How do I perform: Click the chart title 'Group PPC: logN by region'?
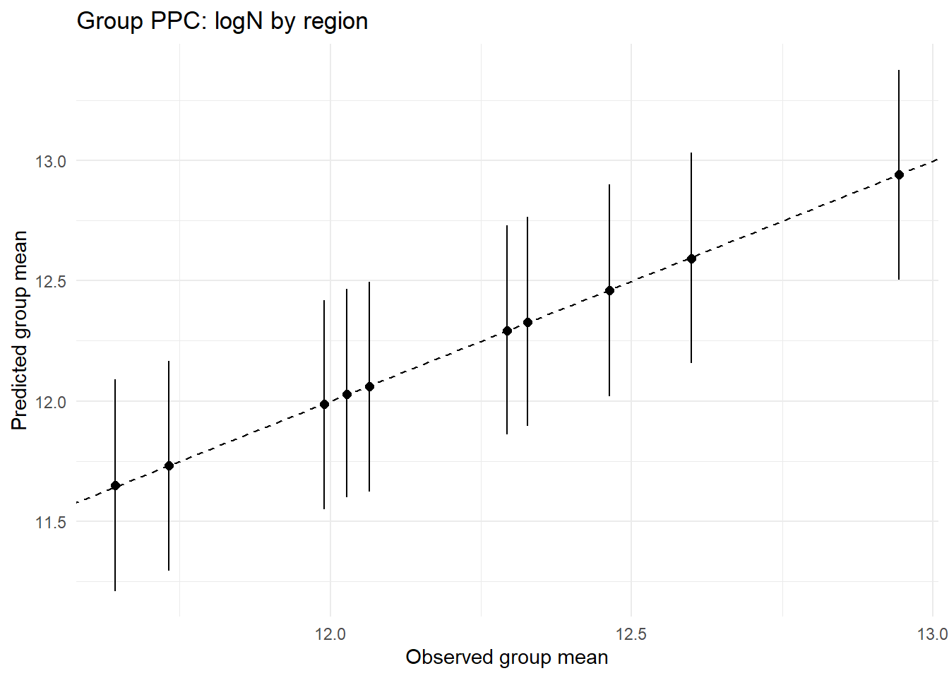tap(222, 21)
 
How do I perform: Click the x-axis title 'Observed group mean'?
tap(506, 658)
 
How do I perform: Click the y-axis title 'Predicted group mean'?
tap(20, 330)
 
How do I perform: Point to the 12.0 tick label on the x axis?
tap(330, 634)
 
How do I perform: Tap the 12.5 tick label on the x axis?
tap(631, 634)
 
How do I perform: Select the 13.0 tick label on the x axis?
tap(932, 634)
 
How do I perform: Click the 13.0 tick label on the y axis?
tap(51, 161)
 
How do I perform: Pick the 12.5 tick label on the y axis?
tap(51, 281)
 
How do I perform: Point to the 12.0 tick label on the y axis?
tap(51, 402)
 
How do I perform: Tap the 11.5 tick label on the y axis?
tap(51, 522)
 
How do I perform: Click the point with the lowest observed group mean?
tap(115, 485)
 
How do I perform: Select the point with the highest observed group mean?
tap(899, 174)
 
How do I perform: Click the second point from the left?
tap(169, 465)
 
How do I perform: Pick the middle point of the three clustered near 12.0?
tap(347, 394)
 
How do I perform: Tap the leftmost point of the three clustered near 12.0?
tap(324, 404)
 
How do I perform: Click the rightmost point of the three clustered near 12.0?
tap(369, 386)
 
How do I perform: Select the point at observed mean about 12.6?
tap(691, 258)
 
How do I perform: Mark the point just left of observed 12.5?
tap(609, 290)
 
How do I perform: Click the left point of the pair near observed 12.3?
tap(507, 331)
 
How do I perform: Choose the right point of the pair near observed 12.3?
tap(527, 322)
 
